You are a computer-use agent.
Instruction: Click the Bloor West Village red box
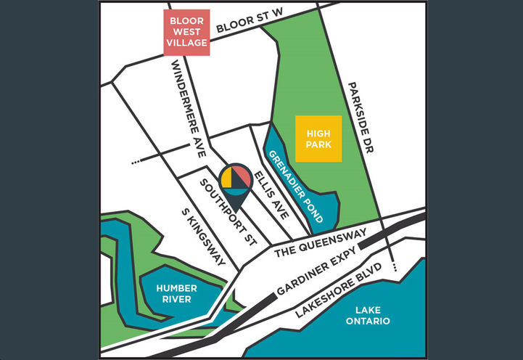tap(186, 32)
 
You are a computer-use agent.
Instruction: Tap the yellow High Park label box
tap(318, 139)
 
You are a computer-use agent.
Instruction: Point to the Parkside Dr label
tap(360, 118)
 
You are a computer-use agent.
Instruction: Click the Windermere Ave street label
tap(186, 108)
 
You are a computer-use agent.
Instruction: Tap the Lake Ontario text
tap(368, 315)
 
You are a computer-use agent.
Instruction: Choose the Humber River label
tap(176, 293)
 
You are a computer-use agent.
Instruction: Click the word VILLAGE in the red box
tap(186, 43)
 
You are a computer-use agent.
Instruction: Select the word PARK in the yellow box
tap(318, 144)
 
